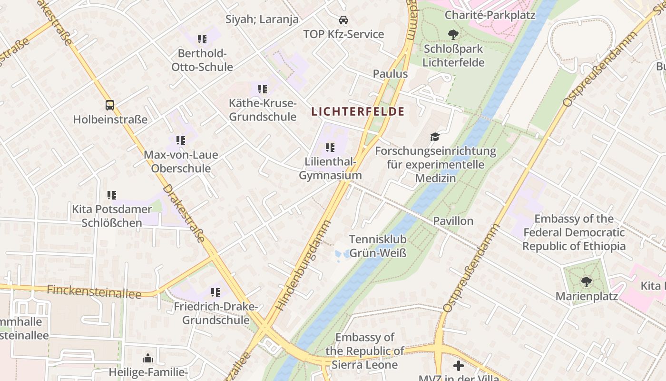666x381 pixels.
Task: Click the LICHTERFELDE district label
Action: coord(358,112)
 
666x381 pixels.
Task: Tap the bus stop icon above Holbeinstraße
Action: coord(110,105)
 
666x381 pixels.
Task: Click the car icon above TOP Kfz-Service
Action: coord(343,20)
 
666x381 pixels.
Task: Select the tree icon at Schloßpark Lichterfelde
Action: coord(453,34)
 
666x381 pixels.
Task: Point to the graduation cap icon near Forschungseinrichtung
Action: coord(435,137)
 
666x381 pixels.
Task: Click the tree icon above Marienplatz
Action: coord(587,282)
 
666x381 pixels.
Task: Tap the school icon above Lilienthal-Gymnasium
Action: coord(330,148)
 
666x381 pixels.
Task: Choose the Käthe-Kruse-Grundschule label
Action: coord(263,110)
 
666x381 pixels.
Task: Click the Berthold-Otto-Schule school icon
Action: coord(202,39)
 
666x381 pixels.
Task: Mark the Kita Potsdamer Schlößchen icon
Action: coord(112,195)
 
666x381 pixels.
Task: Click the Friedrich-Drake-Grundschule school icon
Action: coord(215,292)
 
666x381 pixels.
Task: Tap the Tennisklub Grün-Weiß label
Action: coord(378,246)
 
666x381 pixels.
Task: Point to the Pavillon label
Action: coord(453,221)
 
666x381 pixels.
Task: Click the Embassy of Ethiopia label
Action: coord(574,232)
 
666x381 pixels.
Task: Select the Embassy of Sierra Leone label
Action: coord(365,351)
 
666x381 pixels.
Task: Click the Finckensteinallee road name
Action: coord(94,291)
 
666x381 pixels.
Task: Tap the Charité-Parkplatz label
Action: coord(490,15)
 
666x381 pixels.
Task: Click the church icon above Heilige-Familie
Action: coord(148,358)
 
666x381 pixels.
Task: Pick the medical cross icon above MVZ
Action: coord(458,365)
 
